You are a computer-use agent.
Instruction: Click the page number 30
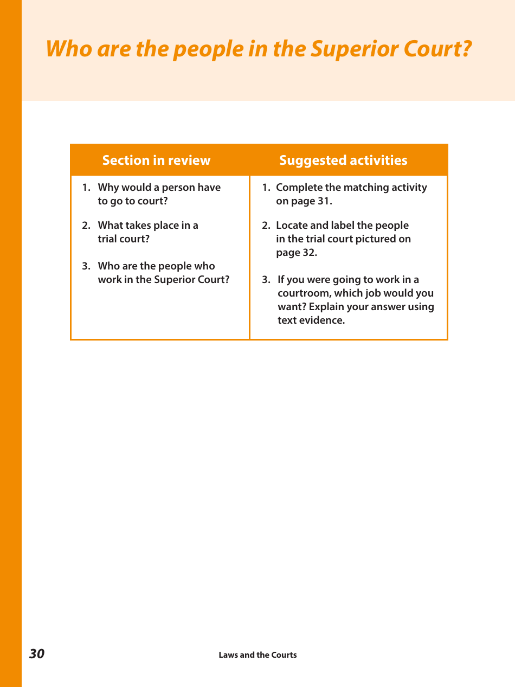pyautogui.click(x=37, y=654)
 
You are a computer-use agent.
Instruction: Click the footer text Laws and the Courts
pyautogui.click(x=257, y=655)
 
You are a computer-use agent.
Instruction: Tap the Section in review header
pyautogui.click(x=156, y=160)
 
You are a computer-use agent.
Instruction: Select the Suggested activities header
pyautogui.click(x=343, y=160)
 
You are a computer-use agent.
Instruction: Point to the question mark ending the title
pyautogui.click(x=466, y=49)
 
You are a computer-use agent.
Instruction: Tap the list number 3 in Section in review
pyautogui.click(x=86, y=266)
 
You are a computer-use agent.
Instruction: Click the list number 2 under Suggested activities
pyautogui.click(x=266, y=226)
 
